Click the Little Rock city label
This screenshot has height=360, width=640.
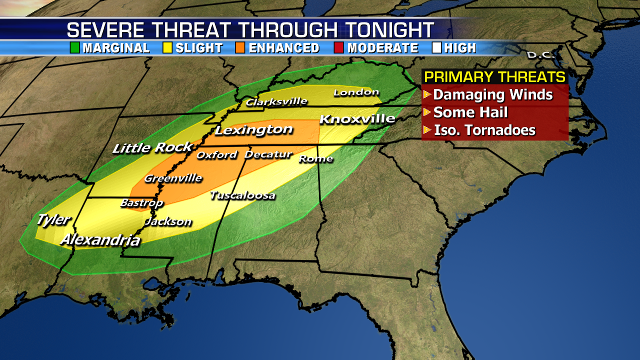pyautogui.click(x=152, y=147)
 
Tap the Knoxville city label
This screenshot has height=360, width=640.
pyautogui.click(x=357, y=119)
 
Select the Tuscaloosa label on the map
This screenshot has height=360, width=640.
pyautogui.click(x=242, y=195)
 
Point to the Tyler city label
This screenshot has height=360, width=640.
pyautogui.click(x=53, y=219)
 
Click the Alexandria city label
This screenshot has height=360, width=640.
pyautogui.click(x=100, y=240)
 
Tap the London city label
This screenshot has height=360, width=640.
pyautogui.click(x=356, y=92)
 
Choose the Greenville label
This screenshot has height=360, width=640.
pyautogui.click(x=173, y=178)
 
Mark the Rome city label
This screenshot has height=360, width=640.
pyautogui.click(x=315, y=159)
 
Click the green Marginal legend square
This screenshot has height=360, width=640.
pyautogui.click(x=75, y=48)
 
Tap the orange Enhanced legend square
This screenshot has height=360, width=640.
pyautogui.click(x=240, y=48)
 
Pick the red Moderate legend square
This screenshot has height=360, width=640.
pyautogui.click(x=339, y=48)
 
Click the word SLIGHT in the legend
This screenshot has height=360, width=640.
pyautogui.click(x=199, y=48)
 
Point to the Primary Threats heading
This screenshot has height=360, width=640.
pyautogui.click(x=494, y=77)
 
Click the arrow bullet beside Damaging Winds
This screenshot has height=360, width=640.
pyautogui.click(x=427, y=94)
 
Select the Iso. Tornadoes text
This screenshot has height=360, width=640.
pyautogui.click(x=484, y=130)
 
